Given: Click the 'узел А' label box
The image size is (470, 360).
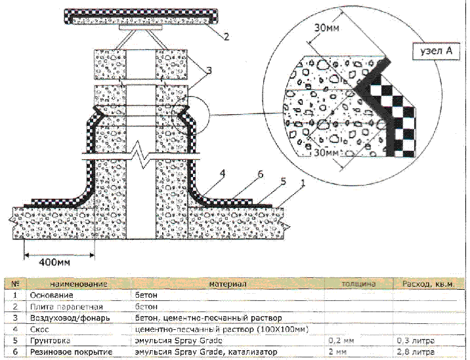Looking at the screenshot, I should pos(435,52).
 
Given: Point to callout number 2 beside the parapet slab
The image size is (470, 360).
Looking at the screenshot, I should pos(225,37).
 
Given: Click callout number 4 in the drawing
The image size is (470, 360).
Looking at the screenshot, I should pos(223,174).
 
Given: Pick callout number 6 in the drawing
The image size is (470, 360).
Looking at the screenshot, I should pos(260,174).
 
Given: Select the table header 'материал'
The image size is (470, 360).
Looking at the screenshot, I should pos(227,284).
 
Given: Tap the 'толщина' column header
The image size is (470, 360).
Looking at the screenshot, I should pos(358,284).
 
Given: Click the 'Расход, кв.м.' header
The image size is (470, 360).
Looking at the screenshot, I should pos(428,284).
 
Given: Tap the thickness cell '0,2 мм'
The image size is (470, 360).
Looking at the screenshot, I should pos(341,341).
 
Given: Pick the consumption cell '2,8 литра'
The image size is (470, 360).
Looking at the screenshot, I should pos(414,353).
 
